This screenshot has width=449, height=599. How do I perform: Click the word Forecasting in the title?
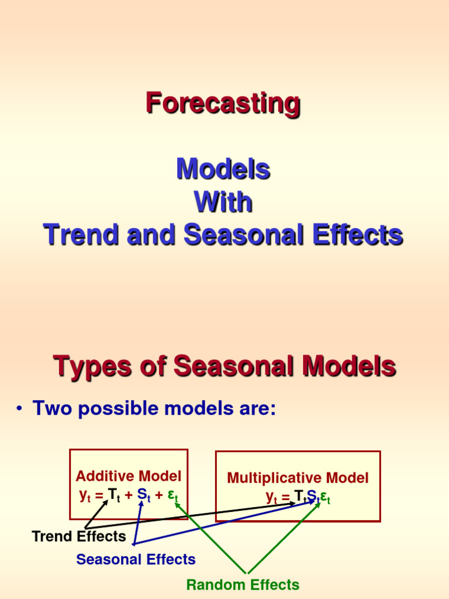pyautogui.click(x=223, y=104)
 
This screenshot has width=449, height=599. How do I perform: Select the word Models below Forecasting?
pyautogui.click(x=223, y=170)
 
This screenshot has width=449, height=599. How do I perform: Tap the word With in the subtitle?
pyautogui.click(x=223, y=202)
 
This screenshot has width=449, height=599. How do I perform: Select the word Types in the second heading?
pyautogui.click(x=92, y=367)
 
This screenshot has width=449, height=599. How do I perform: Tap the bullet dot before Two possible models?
pyautogui.click(x=19, y=409)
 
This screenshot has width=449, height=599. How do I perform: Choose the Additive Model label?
pyautogui.click(x=129, y=476)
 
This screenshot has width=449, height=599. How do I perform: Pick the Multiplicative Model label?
pyautogui.click(x=298, y=478)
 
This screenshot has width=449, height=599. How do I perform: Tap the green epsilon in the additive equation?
pyautogui.click(x=172, y=496)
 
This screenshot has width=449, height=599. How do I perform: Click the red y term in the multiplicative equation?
pyautogui.click(x=271, y=498)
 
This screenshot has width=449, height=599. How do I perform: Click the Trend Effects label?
pyautogui.click(x=79, y=536)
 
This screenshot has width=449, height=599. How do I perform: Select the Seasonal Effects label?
pyautogui.click(x=136, y=559)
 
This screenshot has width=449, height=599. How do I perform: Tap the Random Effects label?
pyautogui.click(x=243, y=584)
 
